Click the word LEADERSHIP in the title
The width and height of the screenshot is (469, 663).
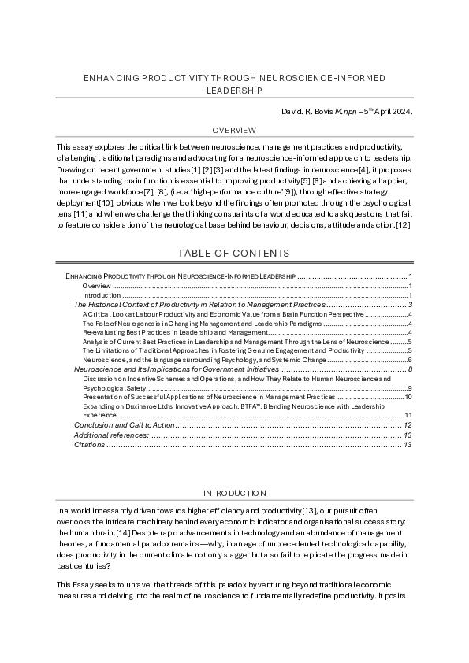tap(234, 91)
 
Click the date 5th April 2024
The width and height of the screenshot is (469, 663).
tap(387, 112)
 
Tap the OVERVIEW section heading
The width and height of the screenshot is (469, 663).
tap(234, 130)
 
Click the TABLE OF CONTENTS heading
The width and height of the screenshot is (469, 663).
tap(234, 253)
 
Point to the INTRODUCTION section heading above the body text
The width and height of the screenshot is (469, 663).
tap(234, 493)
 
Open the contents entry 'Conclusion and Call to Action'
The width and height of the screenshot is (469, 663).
tap(121, 425)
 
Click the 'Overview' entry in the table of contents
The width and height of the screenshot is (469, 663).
tap(96, 286)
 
